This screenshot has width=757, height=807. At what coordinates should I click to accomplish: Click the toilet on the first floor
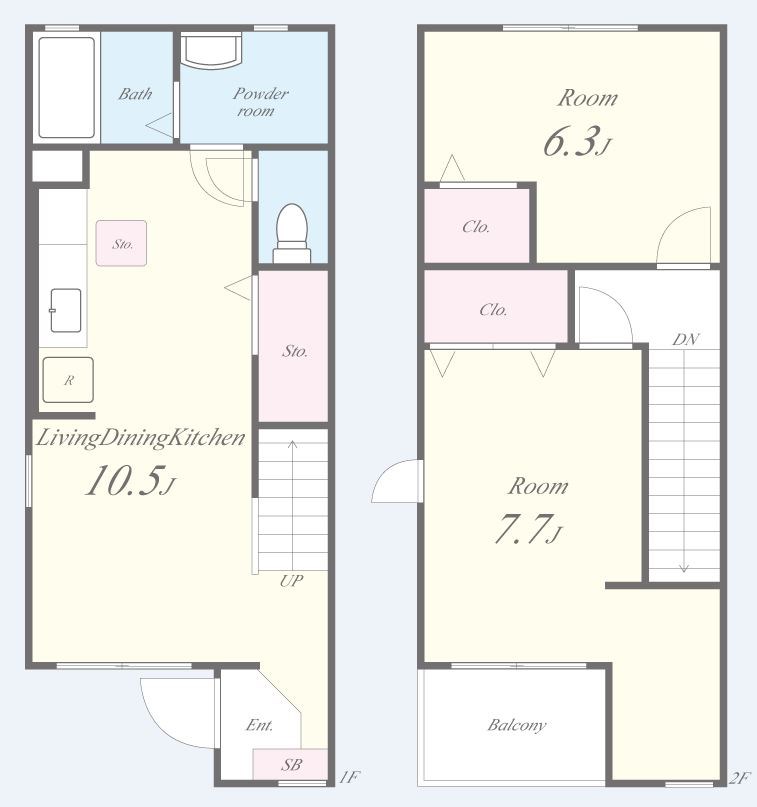click(292, 233)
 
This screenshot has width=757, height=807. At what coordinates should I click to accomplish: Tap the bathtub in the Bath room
click(67, 87)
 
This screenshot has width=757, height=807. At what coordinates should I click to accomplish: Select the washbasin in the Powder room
click(211, 50)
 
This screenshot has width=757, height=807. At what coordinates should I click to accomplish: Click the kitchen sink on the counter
click(66, 310)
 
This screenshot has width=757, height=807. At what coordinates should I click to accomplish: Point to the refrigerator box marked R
click(68, 380)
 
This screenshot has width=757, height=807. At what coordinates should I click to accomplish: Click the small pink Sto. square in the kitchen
click(121, 243)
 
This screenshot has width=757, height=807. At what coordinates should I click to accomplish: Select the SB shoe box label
click(291, 765)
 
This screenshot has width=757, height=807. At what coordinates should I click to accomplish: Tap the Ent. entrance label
click(259, 725)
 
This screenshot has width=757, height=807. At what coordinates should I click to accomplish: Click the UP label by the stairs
click(291, 581)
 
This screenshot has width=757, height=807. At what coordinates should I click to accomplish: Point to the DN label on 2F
click(685, 339)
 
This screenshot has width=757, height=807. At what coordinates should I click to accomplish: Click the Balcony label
click(517, 726)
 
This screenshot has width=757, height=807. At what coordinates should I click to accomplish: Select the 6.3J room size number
click(577, 142)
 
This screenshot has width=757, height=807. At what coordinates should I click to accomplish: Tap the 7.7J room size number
click(529, 529)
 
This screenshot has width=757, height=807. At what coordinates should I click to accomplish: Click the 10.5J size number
click(131, 481)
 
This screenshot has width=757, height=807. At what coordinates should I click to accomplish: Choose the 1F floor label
click(349, 777)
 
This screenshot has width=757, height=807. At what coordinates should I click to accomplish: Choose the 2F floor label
click(740, 778)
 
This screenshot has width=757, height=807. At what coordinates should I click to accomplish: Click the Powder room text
click(260, 102)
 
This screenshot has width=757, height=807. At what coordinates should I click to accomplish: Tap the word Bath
click(135, 94)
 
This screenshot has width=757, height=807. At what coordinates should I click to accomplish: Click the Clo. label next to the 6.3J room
click(476, 227)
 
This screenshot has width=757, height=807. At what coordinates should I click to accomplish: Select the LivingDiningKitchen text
click(140, 438)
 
